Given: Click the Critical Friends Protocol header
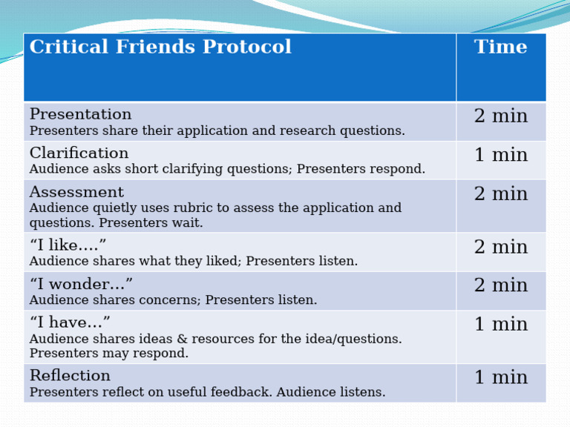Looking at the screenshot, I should click(x=160, y=47).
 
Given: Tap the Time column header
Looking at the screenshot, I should click(x=501, y=47).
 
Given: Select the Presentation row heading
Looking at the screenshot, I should click(x=80, y=115).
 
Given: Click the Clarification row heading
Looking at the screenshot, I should click(x=79, y=153).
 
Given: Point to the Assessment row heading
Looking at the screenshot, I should click(x=76, y=192).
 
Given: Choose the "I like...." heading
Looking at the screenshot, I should click(x=68, y=245).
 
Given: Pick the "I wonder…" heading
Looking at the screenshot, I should click(x=81, y=284).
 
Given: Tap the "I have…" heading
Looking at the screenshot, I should click(x=70, y=322).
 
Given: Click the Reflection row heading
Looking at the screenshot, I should click(x=70, y=376).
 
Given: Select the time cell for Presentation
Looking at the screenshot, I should click(x=501, y=117).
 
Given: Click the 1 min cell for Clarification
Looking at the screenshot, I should click(x=501, y=156).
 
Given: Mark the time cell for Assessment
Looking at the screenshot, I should click(x=501, y=194).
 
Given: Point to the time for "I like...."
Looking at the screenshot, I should click(x=501, y=248).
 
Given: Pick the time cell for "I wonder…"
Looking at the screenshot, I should click(x=501, y=286).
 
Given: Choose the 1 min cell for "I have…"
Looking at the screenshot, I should click(x=501, y=325).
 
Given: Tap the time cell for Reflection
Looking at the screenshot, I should click(x=501, y=378).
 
